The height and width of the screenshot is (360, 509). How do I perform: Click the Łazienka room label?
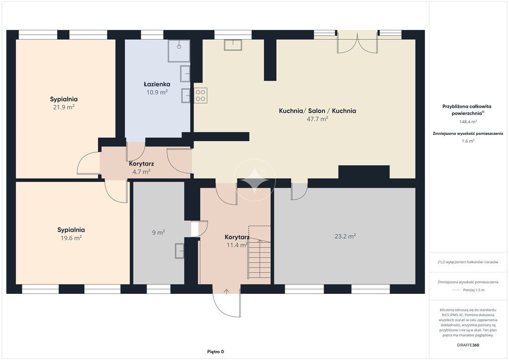click(157, 84)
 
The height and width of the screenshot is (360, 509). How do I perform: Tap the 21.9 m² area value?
click(64, 107)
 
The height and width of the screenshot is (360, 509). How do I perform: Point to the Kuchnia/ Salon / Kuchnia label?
click(317, 111)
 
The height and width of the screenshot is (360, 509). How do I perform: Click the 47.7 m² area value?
click(317, 119)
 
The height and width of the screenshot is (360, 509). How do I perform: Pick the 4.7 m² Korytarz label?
click(141, 172)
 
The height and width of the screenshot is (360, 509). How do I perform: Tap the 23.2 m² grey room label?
click(345, 236)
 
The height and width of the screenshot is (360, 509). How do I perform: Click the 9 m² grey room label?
click(159, 232)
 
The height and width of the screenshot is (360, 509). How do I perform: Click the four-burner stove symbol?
click(201, 95)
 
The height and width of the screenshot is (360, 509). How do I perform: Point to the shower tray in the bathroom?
click(178, 51)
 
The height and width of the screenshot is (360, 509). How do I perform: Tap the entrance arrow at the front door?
click(227, 291)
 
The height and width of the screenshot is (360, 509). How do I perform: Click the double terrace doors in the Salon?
click(357, 42)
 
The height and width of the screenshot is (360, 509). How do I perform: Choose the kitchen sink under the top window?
click(233, 45)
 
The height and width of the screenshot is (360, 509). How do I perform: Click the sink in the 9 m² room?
click(179, 251)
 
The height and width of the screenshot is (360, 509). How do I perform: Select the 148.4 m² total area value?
click(468, 122)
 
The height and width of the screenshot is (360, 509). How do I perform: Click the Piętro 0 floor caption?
click(216, 352)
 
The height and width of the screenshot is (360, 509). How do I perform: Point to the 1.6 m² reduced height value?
click(468, 141)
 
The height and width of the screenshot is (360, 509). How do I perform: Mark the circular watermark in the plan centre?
click(254, 180)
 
